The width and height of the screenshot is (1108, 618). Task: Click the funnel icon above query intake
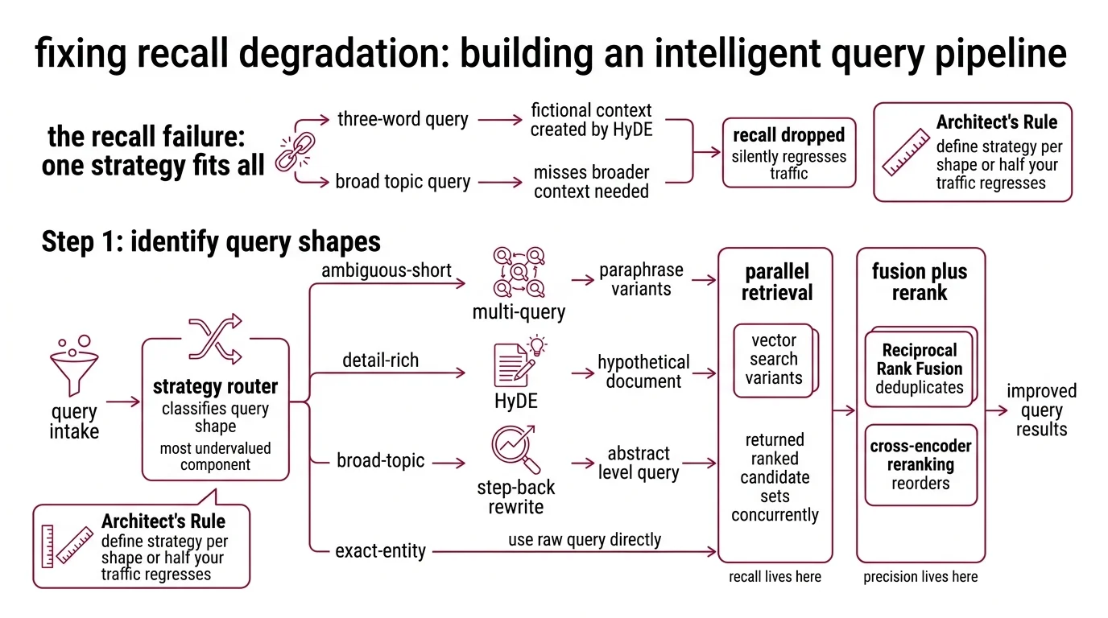(73, 366)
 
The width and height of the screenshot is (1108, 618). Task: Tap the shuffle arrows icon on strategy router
(215, 339)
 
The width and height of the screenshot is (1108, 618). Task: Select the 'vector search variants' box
(774, 360)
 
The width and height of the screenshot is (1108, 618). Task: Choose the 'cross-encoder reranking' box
(920, 464)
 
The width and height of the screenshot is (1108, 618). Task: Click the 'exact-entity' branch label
(380, 551)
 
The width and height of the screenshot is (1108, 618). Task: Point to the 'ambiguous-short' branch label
(387, 270)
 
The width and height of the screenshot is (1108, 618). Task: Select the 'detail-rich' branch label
(380, 360)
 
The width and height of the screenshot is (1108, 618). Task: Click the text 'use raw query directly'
(584, 539)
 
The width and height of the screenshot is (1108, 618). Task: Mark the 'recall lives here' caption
(775, 576)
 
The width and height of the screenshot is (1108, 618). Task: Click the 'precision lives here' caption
(920, 576)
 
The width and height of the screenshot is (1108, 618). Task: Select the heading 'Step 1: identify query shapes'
(211, 241)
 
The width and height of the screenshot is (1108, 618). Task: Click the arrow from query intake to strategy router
(122, 402)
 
